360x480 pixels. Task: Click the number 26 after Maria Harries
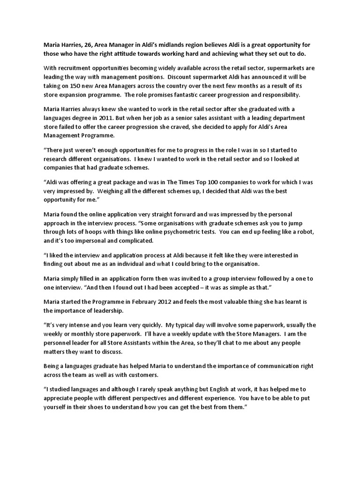point(90,45)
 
